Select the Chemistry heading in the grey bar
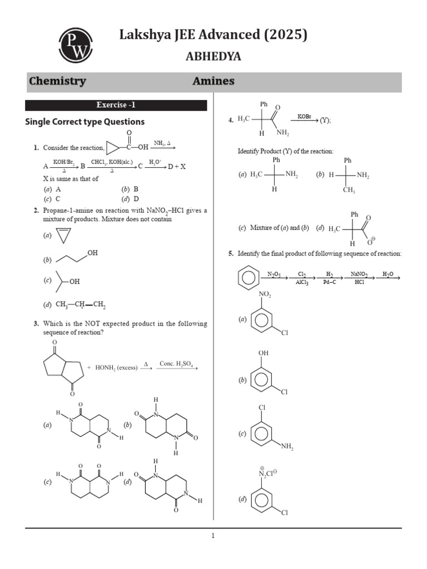click(x=57, y=81)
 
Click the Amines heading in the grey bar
click(x=213, y=81)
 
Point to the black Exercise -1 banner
click(x=116, y=105)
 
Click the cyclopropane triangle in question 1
click(x=113, y=147)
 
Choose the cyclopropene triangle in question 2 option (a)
click(x=64, y=236)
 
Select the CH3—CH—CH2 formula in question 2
click(x=81, y=305)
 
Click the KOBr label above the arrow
click(x=304, y=116)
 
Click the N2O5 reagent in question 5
click(x=274, y=274)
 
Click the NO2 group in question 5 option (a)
click(x=265, y=295)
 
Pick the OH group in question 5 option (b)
click(x=263, y=353)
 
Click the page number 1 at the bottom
click(x=213, y=536)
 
